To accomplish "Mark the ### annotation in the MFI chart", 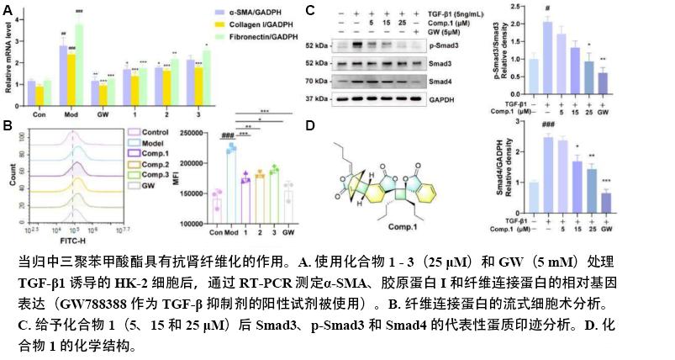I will tap(226, 137).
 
